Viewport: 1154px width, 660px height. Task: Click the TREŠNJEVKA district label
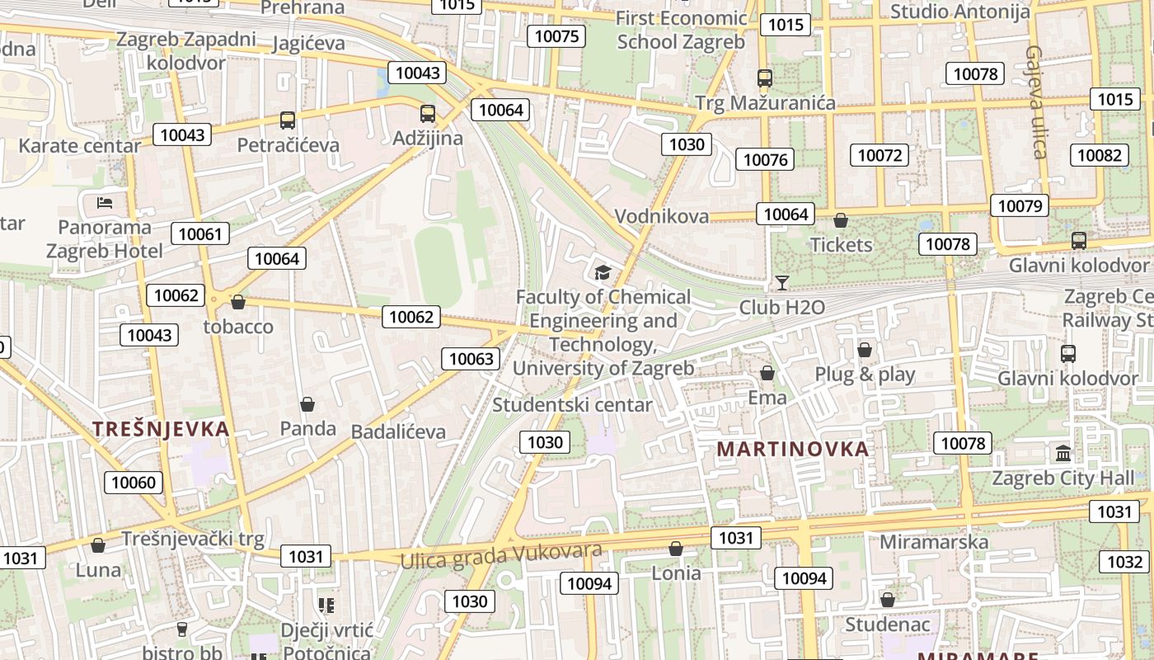tap(161, 429)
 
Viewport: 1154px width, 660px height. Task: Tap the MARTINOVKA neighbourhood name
tap(792, 450)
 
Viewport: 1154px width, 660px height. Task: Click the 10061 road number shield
tap(200, 233)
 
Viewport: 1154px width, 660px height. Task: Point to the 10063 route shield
tap(471, 358)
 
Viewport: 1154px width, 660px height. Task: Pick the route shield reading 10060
tap(133, 483)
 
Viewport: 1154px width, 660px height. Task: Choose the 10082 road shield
tap(1099, 155)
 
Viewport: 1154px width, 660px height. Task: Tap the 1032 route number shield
tap(1124, 562)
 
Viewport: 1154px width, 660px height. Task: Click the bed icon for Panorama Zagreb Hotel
tap(105, 202)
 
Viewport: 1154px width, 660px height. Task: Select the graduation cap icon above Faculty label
tap(603, 272)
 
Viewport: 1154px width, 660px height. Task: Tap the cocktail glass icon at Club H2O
tap(781, 284)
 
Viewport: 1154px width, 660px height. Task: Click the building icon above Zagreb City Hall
tap(1063, 453)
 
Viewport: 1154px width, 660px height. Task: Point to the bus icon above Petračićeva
tap(288, 120)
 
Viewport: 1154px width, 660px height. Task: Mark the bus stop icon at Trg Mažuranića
tap(765, 78)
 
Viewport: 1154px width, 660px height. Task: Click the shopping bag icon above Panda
tap(307, 404)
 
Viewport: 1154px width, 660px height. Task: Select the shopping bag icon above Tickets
tap(841, 220)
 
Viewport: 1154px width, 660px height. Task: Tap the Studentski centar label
tap(572, 405)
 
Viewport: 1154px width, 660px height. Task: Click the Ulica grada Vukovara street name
tap(501, 555)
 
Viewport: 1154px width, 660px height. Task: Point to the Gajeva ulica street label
tap(1036, 101)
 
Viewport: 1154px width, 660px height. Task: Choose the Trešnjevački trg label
tap(193, 539)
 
